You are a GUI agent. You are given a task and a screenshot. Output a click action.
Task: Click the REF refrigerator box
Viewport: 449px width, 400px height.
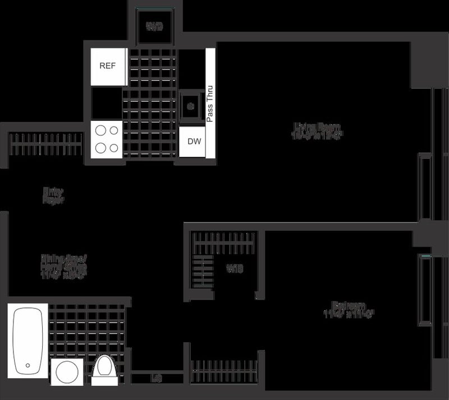[x=107, y=66]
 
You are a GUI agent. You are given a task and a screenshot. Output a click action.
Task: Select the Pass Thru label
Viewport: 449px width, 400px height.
[x=210, y=104]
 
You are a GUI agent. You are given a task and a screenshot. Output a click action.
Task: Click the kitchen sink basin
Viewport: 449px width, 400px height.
[x=191, y=105]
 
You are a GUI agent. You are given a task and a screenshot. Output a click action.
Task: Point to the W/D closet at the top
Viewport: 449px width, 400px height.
[x=154, y=26]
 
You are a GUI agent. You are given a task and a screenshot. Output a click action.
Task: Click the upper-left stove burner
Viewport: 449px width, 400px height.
[x=100, y=131]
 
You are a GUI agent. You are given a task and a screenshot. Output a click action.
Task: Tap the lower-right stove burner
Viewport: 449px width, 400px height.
[x=114, y=148]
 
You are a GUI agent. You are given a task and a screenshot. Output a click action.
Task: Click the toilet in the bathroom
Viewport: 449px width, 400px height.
[x=104, y=370]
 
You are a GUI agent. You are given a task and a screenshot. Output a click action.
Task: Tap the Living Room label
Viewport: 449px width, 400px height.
[x=317, y=130]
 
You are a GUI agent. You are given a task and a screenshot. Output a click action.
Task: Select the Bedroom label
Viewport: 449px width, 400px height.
[x=348, y=310]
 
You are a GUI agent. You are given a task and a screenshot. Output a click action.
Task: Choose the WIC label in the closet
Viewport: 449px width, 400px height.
[x=235, y=269]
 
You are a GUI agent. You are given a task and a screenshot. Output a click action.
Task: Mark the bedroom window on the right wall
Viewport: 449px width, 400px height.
[x=424, y=289]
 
